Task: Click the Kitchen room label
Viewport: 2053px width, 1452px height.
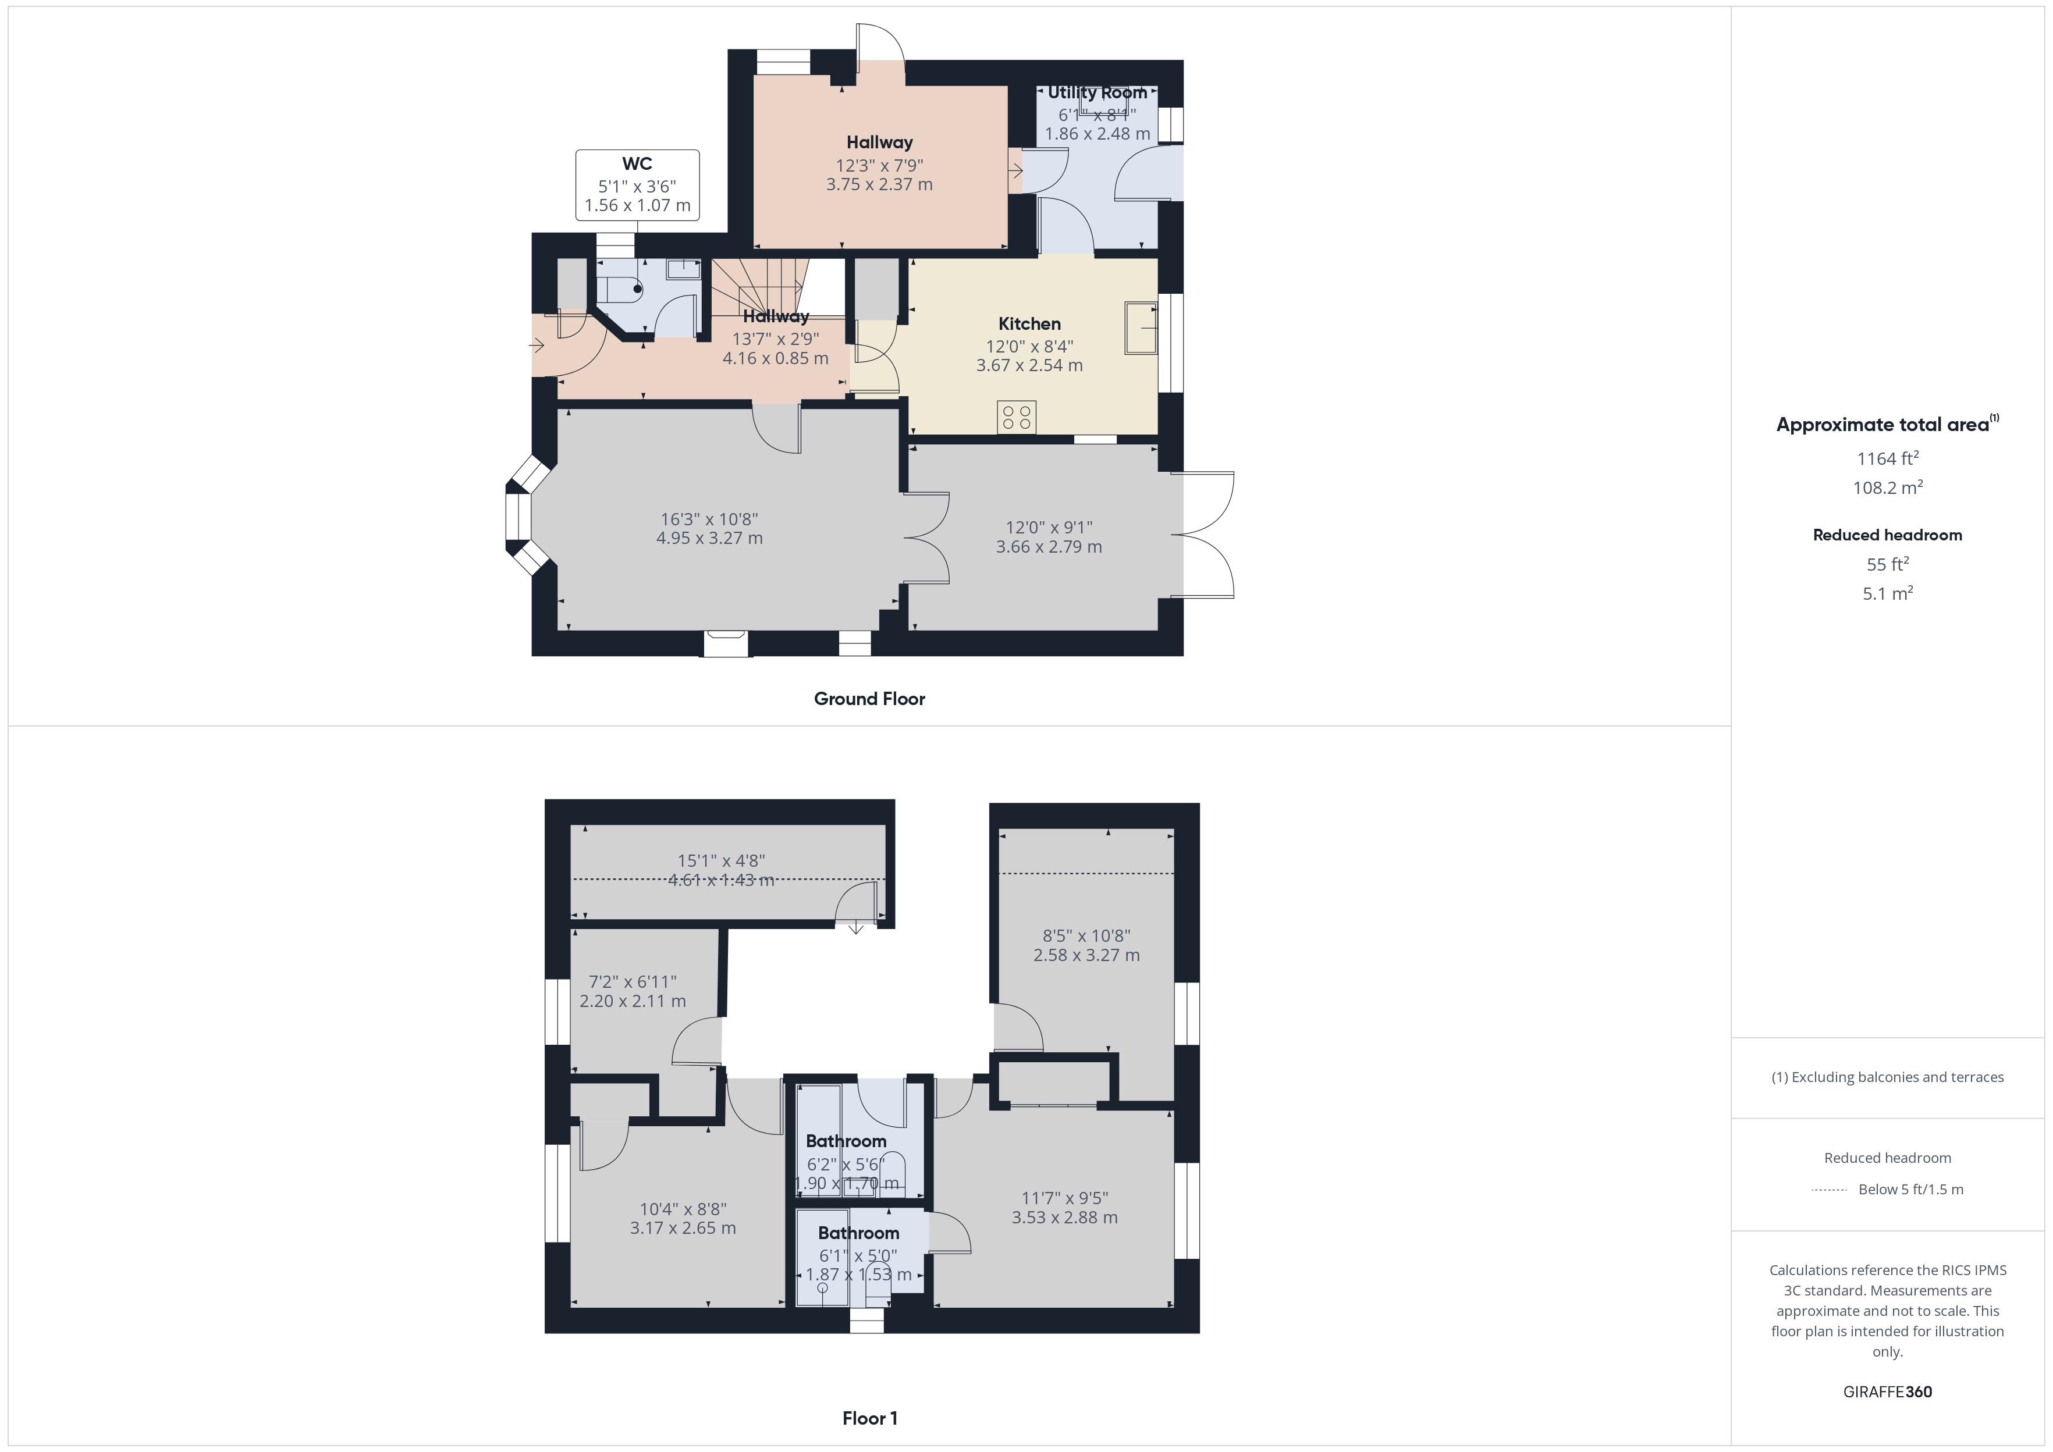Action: [x=1029, y=323]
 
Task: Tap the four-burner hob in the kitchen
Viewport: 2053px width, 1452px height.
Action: [x=1017, y=417]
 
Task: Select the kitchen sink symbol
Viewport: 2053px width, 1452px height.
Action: [x=1141, y=328]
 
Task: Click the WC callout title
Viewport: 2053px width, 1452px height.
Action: [x=637, y=163]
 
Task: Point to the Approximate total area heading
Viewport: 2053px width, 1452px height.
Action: [x=1883, y=425]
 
